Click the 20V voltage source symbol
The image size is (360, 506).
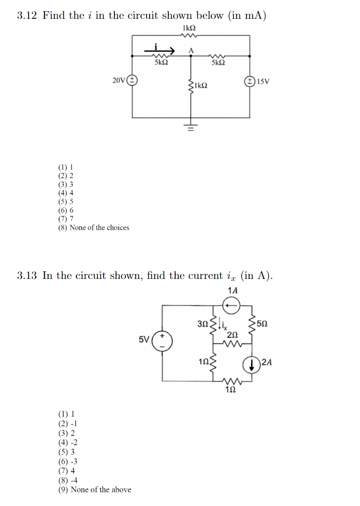click(x=133, y=81)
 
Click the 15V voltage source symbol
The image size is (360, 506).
click(x=249, y=81)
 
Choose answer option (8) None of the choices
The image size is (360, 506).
click(x=94, y=228)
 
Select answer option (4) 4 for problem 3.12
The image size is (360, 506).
click(x=66, y=193)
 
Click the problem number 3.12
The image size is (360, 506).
click(x=27, y=16)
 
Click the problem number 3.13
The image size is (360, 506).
click(x=27, y=275)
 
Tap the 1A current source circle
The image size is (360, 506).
click(x=232, y=306)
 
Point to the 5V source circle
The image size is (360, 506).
click(x=162, y=340)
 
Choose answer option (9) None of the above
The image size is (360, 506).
click(x=95, y=489)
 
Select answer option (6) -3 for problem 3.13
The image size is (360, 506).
click(x=68, y=462)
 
